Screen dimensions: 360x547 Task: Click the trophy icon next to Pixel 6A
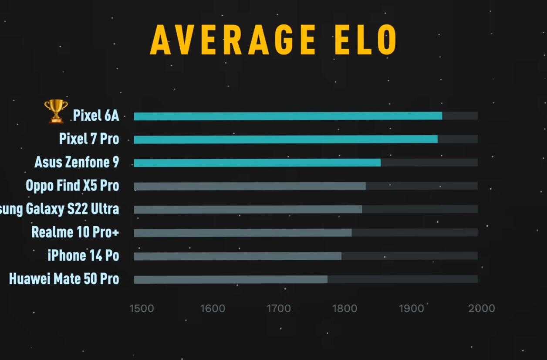[56, 111]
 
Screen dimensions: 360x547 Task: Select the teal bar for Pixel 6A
[287, 116]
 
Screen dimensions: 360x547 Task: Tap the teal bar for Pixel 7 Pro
[285, 139]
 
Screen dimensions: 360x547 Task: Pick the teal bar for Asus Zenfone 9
[257, 163]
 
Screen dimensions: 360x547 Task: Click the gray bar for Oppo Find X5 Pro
[250, 186]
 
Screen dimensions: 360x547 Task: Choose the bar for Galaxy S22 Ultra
[247, 209]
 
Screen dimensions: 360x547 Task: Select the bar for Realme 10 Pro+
[243, 233]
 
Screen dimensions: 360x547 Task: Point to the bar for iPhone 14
[237, 256]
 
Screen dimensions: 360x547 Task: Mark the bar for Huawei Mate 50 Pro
[230, 279]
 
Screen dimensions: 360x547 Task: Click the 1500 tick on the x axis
[142, 309]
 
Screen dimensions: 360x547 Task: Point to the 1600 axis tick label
[213, 309]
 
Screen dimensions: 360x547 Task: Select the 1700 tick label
[278, 309]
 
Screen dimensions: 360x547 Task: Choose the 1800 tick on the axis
[345, 309]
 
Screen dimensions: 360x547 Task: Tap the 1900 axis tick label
[411, 309]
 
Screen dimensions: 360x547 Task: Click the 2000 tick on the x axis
[482, 309]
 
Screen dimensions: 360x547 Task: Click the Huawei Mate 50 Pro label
[64, 279]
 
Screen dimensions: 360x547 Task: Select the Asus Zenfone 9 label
[77, 162]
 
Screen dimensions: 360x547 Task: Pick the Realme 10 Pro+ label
[75, 232]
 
